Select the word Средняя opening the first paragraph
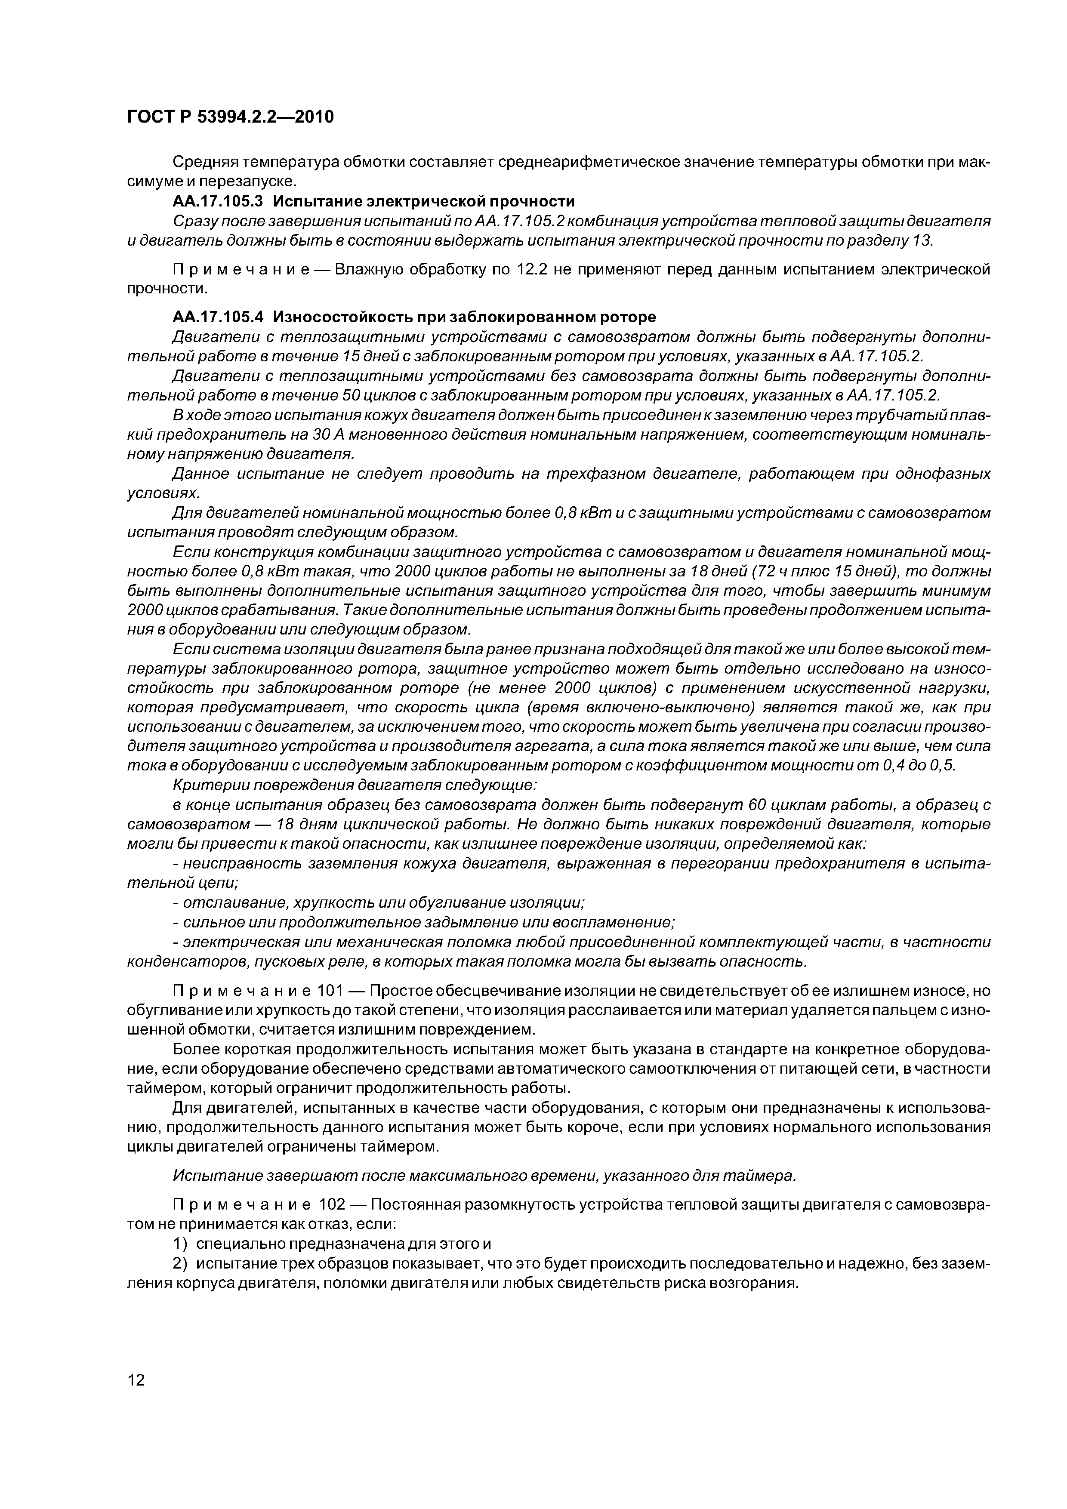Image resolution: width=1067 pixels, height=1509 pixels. [x=201, y=162]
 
